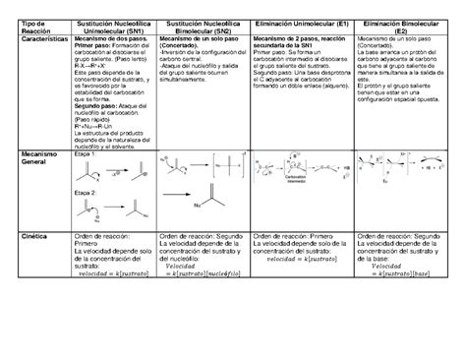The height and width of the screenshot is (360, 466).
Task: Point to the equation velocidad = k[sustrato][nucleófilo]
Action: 204,272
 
